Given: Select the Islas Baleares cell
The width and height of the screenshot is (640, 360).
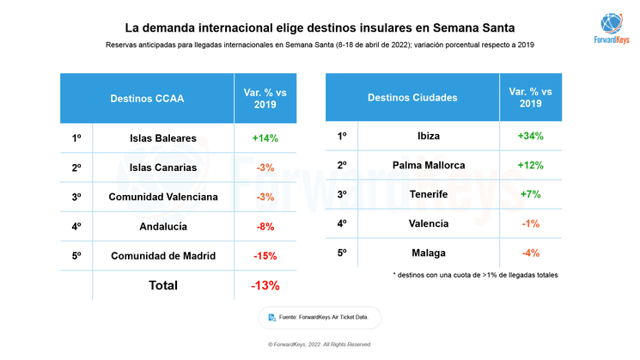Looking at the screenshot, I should [163, 138].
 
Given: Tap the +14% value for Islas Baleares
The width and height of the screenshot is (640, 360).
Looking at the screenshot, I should [265, 138].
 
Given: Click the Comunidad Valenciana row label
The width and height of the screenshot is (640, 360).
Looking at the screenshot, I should [163, 197].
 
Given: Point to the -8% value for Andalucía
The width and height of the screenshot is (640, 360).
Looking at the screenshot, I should [265, 227].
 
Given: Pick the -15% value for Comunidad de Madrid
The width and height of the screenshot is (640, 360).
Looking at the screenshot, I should [265, 256].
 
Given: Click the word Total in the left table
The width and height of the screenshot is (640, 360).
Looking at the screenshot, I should [163, 285].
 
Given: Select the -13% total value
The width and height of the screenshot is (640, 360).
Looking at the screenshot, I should [265, 285].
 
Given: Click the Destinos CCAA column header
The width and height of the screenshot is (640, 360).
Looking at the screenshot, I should [148, 98].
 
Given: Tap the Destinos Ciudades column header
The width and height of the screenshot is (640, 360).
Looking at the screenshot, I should [412, 98].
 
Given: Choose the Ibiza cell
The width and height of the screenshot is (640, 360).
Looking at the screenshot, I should [429, 136].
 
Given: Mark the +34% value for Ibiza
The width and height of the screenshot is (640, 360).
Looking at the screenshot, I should [530, 136].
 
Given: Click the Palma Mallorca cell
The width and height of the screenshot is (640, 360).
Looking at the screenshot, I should [429, 165].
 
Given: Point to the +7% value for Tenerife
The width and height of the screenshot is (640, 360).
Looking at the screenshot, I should [530, 194].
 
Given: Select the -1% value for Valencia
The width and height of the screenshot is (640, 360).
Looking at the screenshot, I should [530, 223].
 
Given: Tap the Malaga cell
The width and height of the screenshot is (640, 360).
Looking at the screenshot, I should [429, 253].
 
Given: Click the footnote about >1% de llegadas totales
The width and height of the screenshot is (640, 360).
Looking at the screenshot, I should [474, 275].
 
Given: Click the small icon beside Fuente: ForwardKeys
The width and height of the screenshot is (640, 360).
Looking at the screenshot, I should [272, 317].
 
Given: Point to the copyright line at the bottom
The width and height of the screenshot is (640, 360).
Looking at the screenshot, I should [320, 345].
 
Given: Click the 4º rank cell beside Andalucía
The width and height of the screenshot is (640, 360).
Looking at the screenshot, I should [76, 227].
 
